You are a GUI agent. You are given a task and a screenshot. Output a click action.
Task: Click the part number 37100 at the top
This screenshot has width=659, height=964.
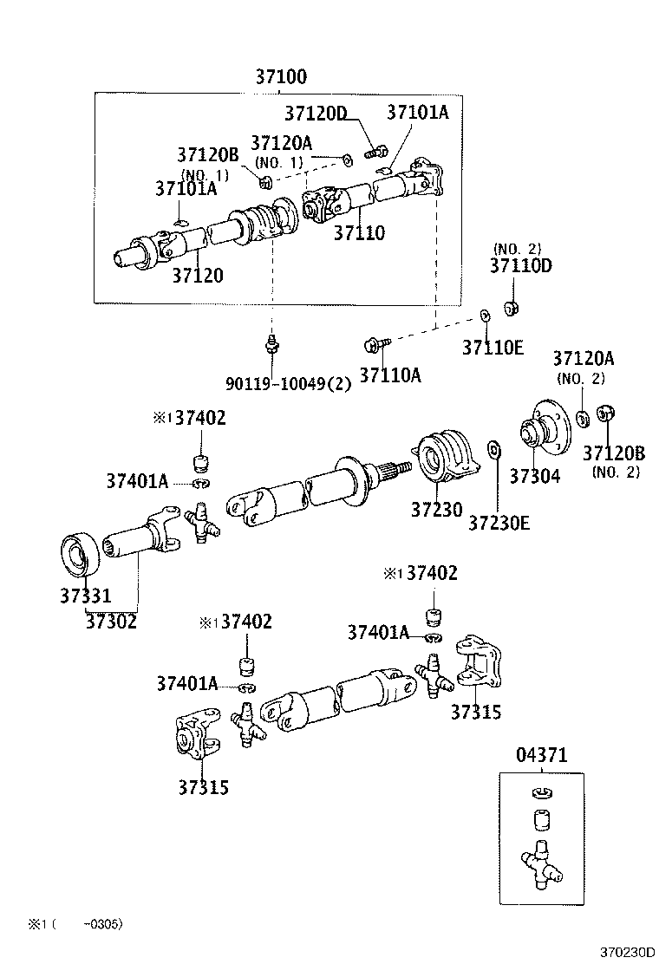(x=281, y=76)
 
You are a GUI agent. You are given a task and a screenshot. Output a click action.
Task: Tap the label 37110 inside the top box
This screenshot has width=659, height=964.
(x=359, y=232)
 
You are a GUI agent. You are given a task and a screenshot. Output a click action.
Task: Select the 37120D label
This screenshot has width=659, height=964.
(x=316, y=114)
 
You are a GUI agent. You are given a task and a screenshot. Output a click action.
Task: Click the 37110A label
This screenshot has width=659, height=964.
(x=390, y=375)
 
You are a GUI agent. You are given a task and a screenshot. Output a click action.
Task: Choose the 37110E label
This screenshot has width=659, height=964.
(x=493, y=348)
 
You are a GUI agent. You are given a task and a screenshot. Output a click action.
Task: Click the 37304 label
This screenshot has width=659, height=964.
(x=535, y=476)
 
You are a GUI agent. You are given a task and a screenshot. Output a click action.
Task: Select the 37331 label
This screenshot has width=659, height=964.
(x=86, y=596)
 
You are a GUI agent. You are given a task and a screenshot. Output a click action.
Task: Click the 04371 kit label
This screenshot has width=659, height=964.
(x=543, y=756)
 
